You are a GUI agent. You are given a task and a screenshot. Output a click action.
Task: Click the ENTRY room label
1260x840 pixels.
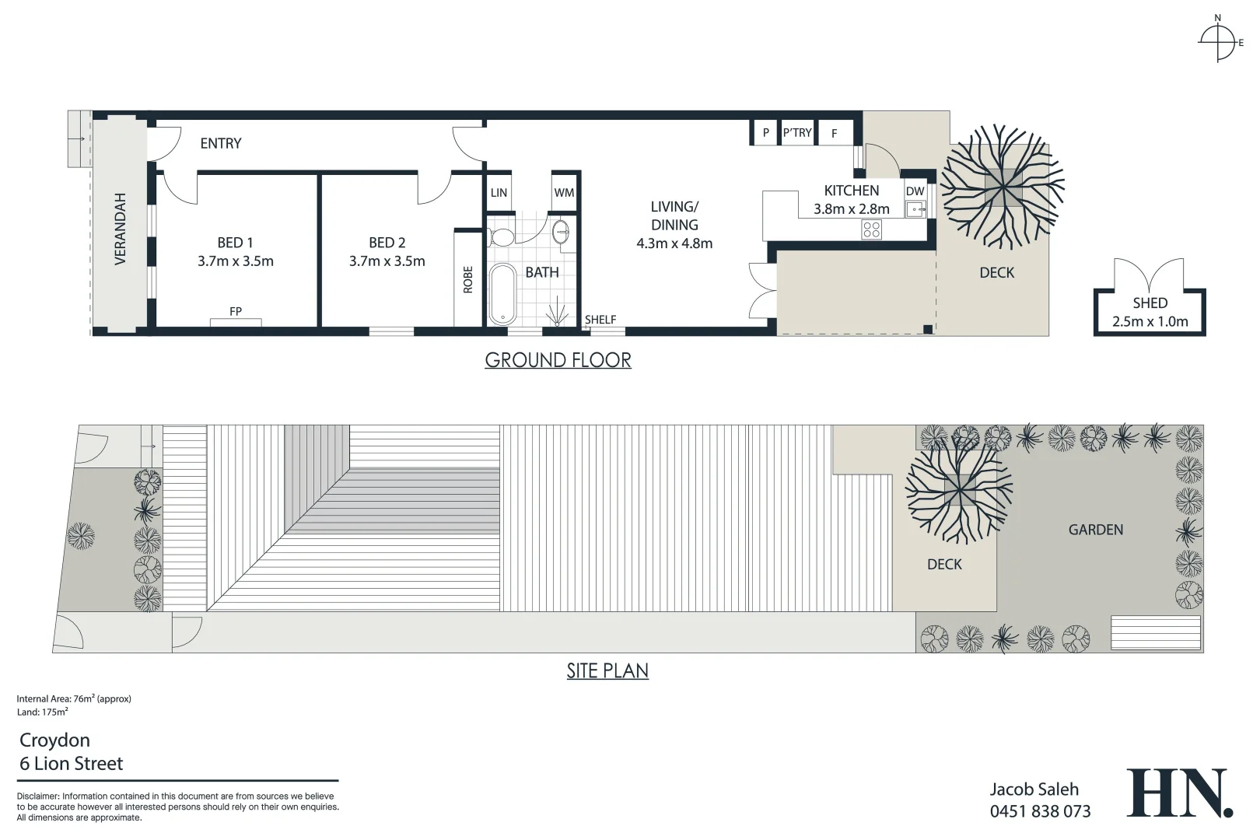pyautogui.click(x=221, y=143)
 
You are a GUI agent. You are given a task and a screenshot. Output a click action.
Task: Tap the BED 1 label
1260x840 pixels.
pyautogui.click(x=235, y=243)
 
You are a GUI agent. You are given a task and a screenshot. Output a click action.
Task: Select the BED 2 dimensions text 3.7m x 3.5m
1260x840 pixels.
pyautogui.click(x=387, y=261)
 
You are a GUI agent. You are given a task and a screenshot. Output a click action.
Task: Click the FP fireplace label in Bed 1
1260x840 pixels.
pyautogui.click(x=236, y=311)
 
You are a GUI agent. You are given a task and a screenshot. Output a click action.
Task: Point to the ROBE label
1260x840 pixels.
pyautogui.click(x=467, y=279)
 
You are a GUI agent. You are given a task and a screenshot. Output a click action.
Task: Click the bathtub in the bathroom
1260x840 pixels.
pyautogui.click(x=502, y=294)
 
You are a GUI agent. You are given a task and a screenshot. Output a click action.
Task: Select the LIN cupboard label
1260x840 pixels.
pyautogui.click(x=499, y=193)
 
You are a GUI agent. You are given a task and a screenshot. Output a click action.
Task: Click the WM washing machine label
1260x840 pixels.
pyautogui.click(x=564, y=193)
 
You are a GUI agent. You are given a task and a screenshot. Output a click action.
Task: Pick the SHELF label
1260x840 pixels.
pyautogui.click(x=600, y=320)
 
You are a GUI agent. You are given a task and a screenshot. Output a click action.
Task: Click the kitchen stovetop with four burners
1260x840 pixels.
pyautogui.click(x=871, y=229)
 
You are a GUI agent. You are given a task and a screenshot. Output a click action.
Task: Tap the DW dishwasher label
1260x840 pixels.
pyautogui.click(x=915, y=191)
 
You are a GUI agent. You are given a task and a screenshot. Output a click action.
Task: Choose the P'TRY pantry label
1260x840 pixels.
pyautogui.click(x=797, y=133)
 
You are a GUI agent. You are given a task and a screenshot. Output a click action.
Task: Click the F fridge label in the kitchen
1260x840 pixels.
pyautogui.click(x=835, y=134)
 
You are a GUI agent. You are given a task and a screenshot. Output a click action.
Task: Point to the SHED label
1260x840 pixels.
pyautogui.click(x=1150, y=303)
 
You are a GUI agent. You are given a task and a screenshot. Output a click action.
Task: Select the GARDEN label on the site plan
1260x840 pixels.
pyautogui.click(x=1095, y=530)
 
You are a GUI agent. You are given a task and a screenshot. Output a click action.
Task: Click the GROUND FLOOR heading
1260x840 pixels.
pyautogui.click(x=558, y=360)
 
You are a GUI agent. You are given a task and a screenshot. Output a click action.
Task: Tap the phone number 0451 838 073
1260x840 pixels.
pyautogui.click(x=1040, y=812)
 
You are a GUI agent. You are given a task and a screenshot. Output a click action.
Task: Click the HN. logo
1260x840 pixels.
pyautogui.click(x=1179, y=793)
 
